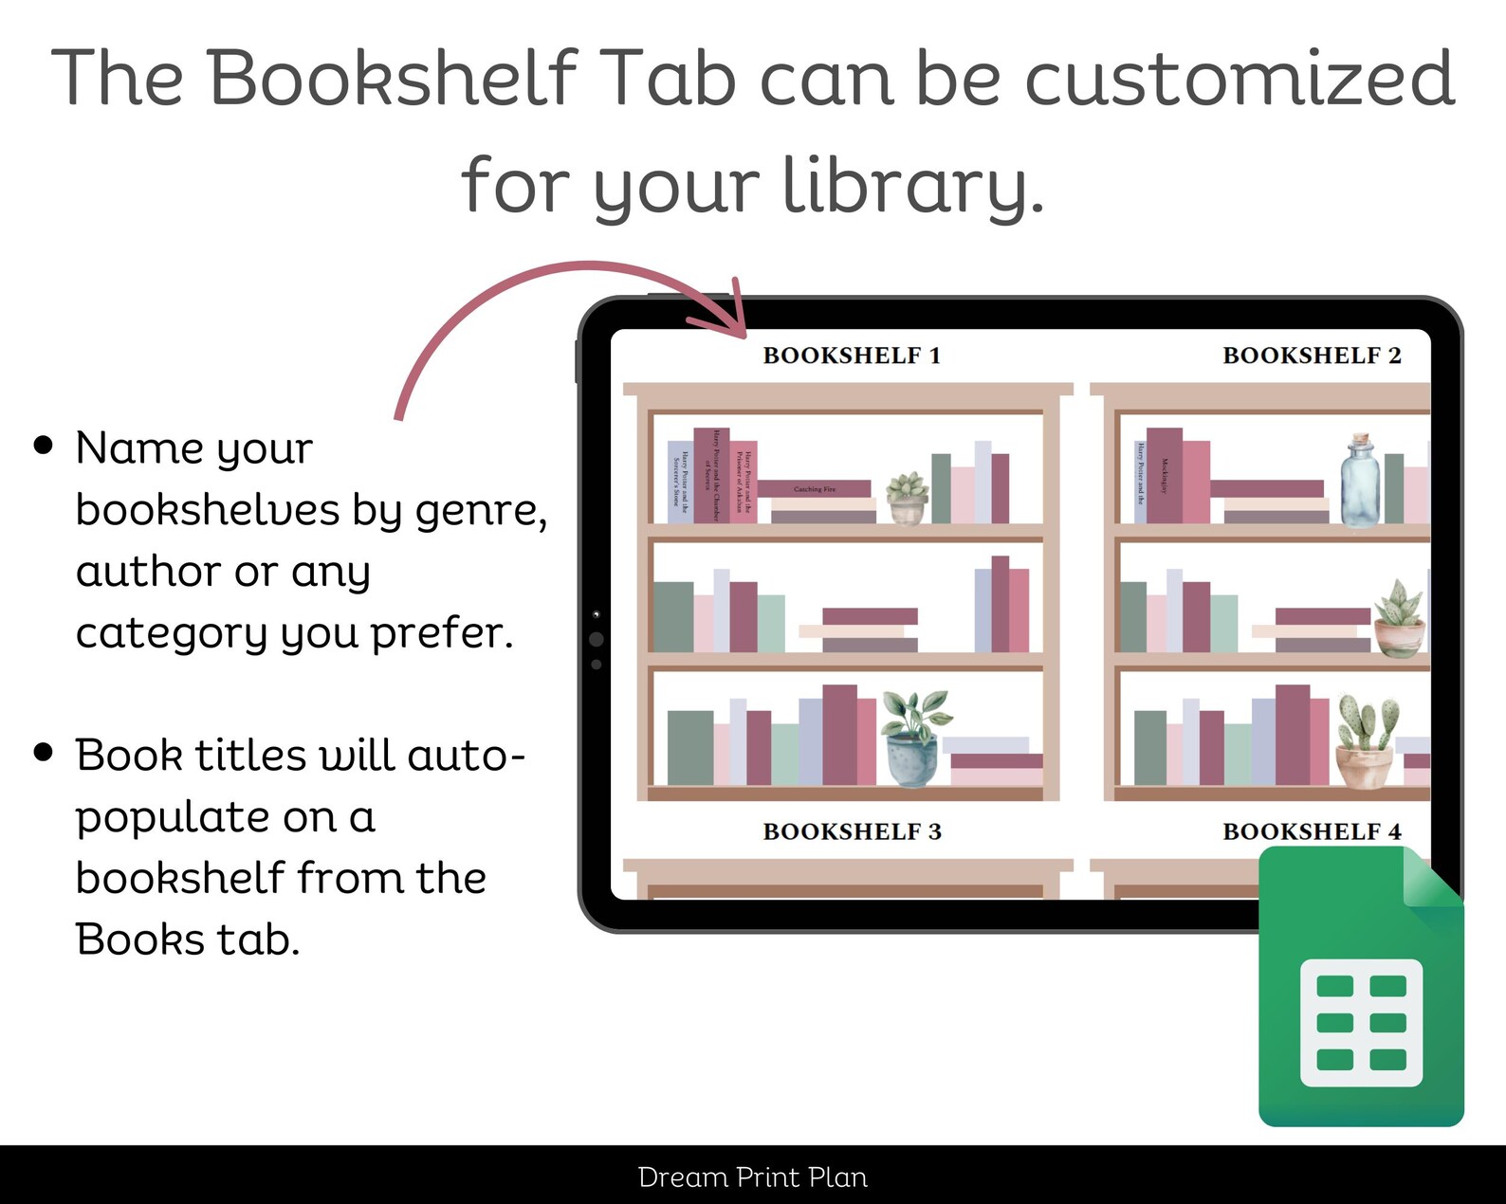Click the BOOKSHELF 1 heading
pyautogui.click(x=852, y=356)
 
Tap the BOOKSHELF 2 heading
pyautogui.click(x=1312, y=356)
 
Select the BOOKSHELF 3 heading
pyautogui.click(x=852, y=831)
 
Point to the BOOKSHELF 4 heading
pyautogui.click(x=1312, y=831)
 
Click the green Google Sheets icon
pyautogui.click(x=1361, y=991)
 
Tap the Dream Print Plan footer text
pyautogui.click(x=753, y=1177)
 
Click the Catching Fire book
pyautogui.click(x=815, y=489)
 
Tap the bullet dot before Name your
pyautogui.click(x=44, y=446)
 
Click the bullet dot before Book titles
pyautogui.click(x=44, y=753)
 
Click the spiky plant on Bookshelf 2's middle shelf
pyautogui.click(x=1400, y=618)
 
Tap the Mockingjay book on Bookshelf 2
pyautogui.click(x=1164, y=475)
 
